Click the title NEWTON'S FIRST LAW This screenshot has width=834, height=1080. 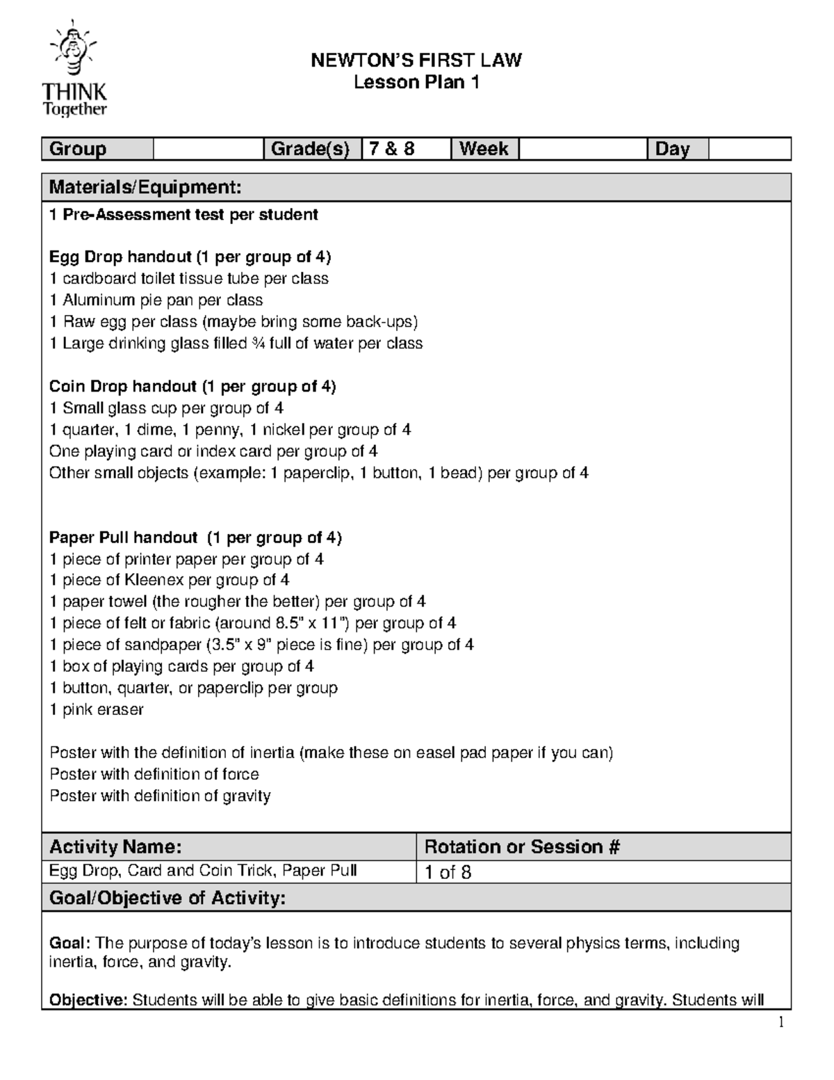[416, 61]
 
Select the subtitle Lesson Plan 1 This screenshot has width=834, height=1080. [416, 83]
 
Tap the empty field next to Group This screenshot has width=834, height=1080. [208, 149]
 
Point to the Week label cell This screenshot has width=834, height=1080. [484, 149]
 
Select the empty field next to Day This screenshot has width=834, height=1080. [749, 149]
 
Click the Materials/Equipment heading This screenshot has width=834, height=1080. [145, 187]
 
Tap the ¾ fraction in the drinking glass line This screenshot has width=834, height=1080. [258, 344]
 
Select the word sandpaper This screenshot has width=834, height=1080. [163, 645]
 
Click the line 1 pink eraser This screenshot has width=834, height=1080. [97, 709]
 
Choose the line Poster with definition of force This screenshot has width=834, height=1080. [154, 774]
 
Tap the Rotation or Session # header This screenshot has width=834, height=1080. [522, 846]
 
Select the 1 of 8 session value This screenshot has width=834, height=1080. [448, 872]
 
